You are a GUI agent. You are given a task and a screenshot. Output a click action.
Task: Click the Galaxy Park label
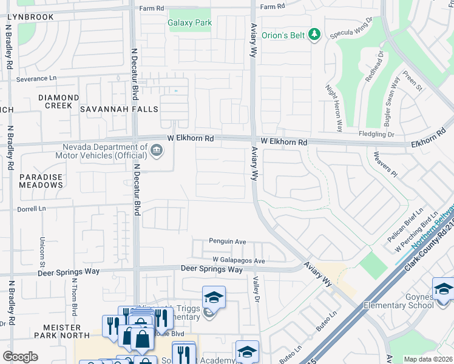(189, 23)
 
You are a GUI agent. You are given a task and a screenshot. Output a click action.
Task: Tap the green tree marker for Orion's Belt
(314, 35)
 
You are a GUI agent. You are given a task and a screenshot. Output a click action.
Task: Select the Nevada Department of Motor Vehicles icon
(157, 150)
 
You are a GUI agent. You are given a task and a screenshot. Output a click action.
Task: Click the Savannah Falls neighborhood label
(119, 109)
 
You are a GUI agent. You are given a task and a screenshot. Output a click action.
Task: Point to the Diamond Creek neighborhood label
(58, 101)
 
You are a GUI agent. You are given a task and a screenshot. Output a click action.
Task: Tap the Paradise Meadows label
(41, 181)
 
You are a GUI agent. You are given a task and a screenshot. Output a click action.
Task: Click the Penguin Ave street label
(228, 241)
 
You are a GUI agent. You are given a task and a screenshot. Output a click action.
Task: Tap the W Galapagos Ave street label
(239, 261)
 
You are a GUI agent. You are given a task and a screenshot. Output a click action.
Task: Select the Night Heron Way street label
(334, 108)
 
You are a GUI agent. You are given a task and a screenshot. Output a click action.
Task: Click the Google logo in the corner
(21, 357)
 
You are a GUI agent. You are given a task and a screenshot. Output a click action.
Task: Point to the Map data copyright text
(427, 359)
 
